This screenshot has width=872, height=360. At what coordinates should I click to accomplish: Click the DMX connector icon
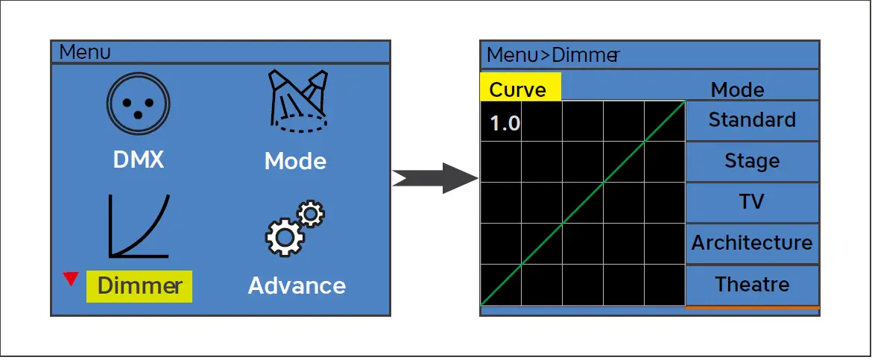tap(138, 104)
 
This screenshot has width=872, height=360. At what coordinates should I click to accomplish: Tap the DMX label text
tap(139, 160)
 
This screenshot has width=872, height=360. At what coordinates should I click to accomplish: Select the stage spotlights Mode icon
tap(298, 101)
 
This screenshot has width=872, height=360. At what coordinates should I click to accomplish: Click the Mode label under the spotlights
tap(295, 161)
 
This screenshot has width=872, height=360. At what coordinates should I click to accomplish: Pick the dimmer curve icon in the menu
tap(139, 226)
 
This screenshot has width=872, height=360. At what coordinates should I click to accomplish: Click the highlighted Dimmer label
tap(139, 286)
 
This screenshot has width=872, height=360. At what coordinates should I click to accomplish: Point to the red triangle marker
tap(71, 279)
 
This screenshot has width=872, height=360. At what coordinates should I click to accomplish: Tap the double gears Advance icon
tap(294, 229)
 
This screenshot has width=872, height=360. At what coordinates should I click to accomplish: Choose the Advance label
tap(297, 285)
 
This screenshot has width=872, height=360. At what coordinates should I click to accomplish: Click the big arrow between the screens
tap(435, 178)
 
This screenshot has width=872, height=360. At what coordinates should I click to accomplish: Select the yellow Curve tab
tap(520, 88)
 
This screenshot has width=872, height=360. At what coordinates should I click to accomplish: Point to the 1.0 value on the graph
tap(505, 124)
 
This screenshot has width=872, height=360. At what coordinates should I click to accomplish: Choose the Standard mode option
tap(753, 120)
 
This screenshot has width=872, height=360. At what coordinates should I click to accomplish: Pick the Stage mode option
tap(753, 161)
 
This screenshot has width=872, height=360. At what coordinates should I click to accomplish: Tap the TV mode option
tap(753, 202)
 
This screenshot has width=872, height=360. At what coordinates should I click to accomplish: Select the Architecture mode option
tap(753, 243)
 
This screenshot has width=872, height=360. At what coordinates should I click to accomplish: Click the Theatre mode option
tap(753, 285)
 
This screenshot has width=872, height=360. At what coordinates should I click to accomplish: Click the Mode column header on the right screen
tap(737, 89)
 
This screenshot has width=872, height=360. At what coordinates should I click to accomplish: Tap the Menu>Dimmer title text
tap(553, 55)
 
